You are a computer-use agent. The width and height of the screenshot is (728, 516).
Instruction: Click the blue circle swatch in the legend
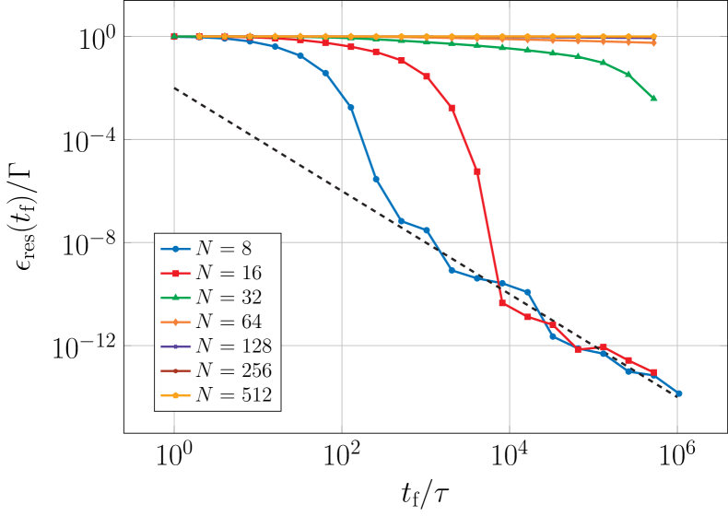175,249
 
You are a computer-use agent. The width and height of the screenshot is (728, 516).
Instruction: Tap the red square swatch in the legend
175,273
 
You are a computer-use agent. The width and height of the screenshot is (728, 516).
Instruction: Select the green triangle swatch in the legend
175,298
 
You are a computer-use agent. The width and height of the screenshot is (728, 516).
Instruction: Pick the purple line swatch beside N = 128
175,346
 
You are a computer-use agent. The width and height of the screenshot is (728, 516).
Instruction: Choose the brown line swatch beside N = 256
175,370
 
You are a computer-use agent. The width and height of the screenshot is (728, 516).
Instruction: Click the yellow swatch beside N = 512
175,395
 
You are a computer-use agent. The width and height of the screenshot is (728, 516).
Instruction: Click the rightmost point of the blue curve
678,393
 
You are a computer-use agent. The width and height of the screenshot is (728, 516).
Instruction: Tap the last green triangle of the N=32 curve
653,98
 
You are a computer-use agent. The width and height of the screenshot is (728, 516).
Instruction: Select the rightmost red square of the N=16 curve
653,372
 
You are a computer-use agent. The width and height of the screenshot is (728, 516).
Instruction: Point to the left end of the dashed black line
174,88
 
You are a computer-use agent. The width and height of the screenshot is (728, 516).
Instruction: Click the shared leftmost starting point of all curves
174,37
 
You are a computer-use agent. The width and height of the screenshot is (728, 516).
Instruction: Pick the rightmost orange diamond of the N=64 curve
653,42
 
